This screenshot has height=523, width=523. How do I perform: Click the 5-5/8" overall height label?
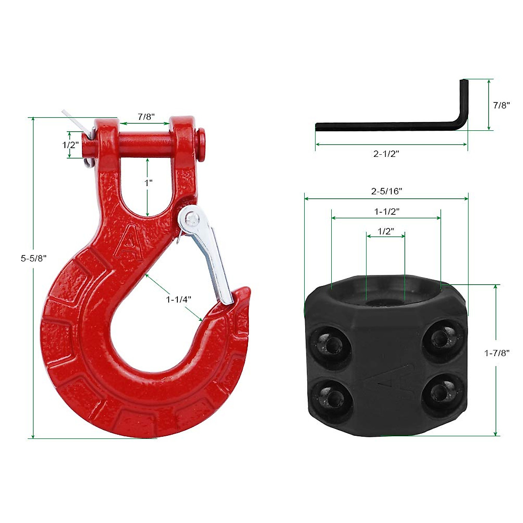[x=34, y=258]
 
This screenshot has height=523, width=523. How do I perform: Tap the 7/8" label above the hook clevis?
[x=146, y=117]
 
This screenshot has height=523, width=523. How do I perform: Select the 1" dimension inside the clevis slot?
[x=149, y=183]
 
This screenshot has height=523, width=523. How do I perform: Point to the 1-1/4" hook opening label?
[x=179, y=299]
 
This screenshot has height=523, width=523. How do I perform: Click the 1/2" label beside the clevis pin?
[x=70, y=145]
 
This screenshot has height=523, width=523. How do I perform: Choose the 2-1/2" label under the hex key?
[x=386, y=153]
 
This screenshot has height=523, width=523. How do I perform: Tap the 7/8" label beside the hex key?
[x=501, y=105]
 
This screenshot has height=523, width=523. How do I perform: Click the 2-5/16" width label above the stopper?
[x=387, y=191]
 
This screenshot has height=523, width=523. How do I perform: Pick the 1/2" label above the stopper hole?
[x=386, y=231]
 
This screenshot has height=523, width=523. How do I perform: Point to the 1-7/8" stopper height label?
[x=497, y=353]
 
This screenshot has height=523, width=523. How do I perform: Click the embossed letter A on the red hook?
[x=129, y=242]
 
